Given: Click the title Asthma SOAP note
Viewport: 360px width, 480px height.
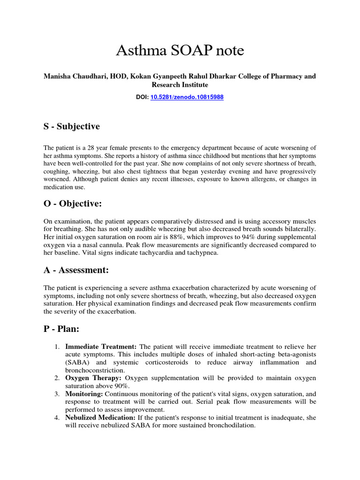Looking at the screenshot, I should tap(180, 51).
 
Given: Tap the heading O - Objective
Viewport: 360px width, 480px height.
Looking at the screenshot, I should tap(73, 204).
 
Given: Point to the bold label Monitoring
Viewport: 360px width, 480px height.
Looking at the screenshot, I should tap(82, 394).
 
